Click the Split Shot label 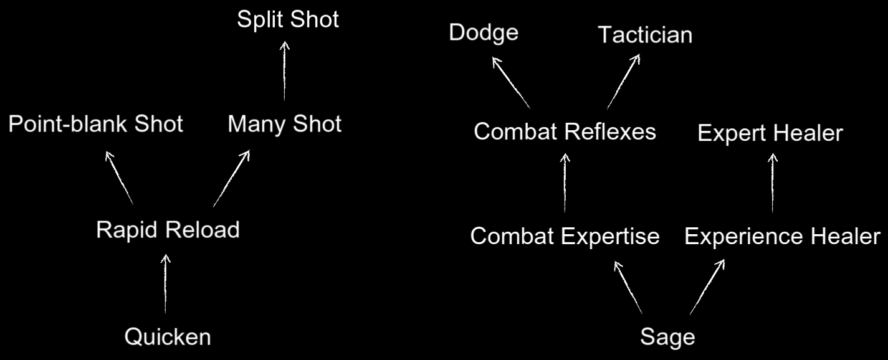point(288,19)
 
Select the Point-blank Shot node point(95,124)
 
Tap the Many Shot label point(284,124)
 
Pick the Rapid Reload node point(168,230)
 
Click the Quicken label point(168,337)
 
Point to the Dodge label point(484,33)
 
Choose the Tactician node point(645,35)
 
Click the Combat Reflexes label point(565,132)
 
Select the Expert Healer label point(770,133)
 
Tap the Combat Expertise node point(565,237)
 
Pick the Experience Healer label point(782,237)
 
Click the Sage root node point(667,337)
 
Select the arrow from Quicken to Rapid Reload point(165,283)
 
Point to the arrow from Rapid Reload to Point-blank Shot point(119,178)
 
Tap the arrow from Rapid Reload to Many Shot point(231,178)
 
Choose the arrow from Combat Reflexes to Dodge point(511,83)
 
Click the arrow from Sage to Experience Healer point(707,287)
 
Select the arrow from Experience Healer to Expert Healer point(773,184)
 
